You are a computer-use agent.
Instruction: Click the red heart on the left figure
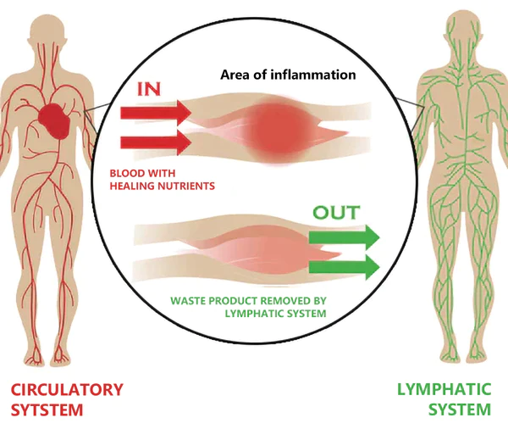pyautogui.click(x=56, y=120)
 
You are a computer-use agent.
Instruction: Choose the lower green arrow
pyautogui.click(x=343, y=267)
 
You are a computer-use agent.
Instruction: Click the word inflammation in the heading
pyautogui.click(x=314, y=74)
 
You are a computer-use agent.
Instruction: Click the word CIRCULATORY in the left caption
pyautogui.click(x=67, y=390)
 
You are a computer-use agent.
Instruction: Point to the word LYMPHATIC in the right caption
pyautogui.click(x=444, y=390)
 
